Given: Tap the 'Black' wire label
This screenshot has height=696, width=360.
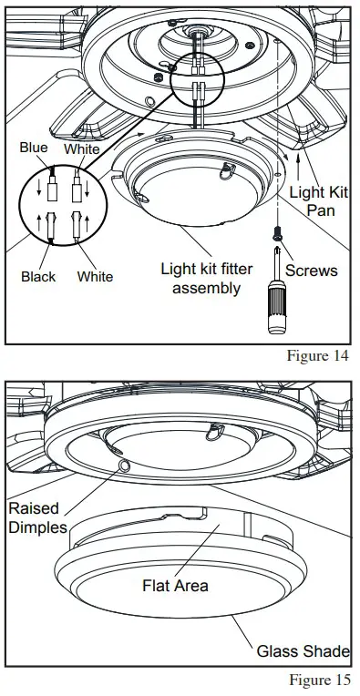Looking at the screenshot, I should [38, 276].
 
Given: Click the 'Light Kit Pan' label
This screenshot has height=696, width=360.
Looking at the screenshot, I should [318, 202].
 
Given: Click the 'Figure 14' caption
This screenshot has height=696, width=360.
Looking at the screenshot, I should [318, 355].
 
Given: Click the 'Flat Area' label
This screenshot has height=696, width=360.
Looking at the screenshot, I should [174, 585].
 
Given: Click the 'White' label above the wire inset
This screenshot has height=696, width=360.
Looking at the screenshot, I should [82, 148].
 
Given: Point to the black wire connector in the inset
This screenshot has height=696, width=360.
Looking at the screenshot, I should [40, 228].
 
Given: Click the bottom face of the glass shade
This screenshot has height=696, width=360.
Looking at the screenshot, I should [176, 619].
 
